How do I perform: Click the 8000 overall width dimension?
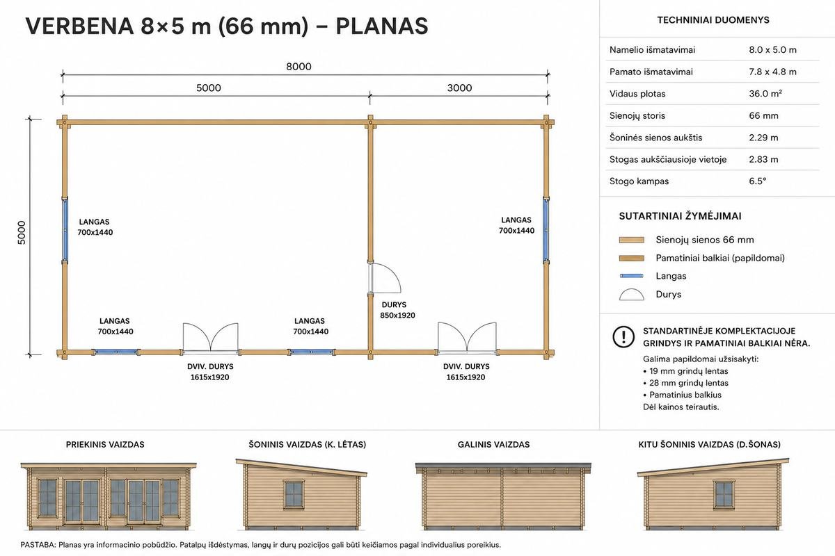pyautogui.click(x=299, y=67)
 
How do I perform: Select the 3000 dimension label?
pyautogui.click(x=459, y=88)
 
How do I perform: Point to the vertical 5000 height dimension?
pyautogui.click(x=22, y=233)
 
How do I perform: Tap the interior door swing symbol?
pyautogui.click(x=385, y=278)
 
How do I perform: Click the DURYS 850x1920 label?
pyautogui.click(x=397, y=310)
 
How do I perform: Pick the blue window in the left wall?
pyautogui.click(x=65, y=230)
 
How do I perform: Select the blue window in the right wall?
pyautogui.click(x=546, y=230)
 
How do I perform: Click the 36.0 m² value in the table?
pyautogui.click(x=765, y=93)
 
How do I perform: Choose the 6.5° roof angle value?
pyautogui.click(x=758, y=181)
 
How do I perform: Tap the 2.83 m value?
pyautogui.click(x=763, y=159)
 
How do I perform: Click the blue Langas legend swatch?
pyautogui.click(x=632, y=276)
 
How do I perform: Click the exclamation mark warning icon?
pyautogui.click(x=623, y=336)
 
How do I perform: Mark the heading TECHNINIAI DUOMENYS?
pyautogui.click(x=713, y=20)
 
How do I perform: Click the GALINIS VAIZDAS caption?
pyautogui.click(x=493, y=444)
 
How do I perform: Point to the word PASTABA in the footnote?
pyautogui.click(x=38, y=545)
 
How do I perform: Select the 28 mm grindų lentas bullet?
pyautogui.click(x=685, y=383)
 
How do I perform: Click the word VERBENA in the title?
pyautogui.click(x=79, y=26)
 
